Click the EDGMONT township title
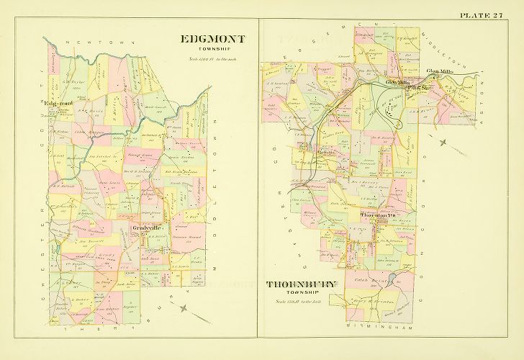point(212,39)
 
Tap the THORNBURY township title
point(301,284)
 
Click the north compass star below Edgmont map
point(185,307)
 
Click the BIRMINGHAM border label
point(374,326)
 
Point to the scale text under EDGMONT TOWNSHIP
point(212,58)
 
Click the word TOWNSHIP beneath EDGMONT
point(212,50)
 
